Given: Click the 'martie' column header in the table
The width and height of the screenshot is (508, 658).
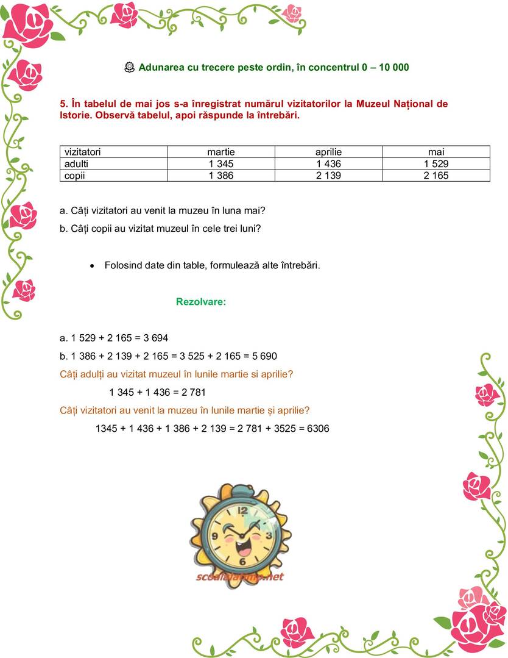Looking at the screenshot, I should click(x=221, y=152).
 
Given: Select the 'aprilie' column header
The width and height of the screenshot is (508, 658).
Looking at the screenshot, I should click(x=328, y=152).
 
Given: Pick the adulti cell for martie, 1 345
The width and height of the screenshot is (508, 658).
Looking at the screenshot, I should click(x=221, y=163).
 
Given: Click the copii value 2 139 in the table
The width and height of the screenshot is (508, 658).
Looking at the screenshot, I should click(x=328, y=176).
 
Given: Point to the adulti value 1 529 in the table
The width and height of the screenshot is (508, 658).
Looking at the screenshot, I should click(x=436, y=163).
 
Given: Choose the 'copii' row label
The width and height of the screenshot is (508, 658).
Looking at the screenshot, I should click(x=76, y=176).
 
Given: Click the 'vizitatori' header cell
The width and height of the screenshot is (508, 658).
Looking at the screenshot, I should click(x=82, y=152).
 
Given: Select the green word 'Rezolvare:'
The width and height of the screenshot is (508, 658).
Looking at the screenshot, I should click(x=201, y=302).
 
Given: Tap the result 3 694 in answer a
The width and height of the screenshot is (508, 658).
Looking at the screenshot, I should click(x=156, y=338).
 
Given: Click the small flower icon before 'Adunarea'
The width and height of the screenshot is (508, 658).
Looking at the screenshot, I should click(x=129, y=68).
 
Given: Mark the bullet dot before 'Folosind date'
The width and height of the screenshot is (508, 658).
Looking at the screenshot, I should click(x=92, y=266).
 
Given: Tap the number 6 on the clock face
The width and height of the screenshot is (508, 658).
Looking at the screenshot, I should click(x=242, y=560).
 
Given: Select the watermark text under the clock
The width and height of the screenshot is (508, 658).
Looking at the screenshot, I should click(x=240, y=577).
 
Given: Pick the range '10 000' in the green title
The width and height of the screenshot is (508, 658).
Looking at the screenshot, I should click(x=393, y=67).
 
